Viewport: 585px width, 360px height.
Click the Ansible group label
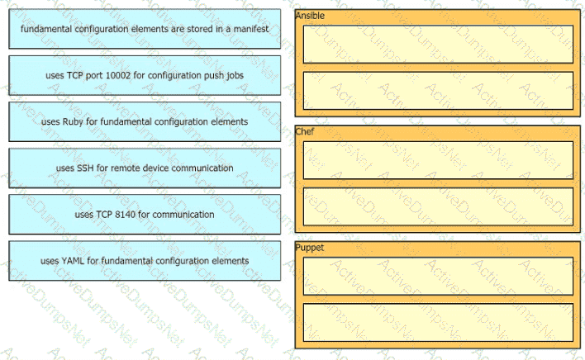[310, 16]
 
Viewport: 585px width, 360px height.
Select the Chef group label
[304, 131]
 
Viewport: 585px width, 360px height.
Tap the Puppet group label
[309, 248]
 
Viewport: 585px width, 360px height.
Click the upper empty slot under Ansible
[438, 45]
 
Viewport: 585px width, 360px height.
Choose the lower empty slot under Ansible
[438, 91]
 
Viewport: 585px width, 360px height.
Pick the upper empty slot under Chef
[438, 160]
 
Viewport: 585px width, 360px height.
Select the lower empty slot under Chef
[438, 206]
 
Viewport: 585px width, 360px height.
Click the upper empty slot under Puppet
[438, 276]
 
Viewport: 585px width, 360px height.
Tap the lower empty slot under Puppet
[438, 322]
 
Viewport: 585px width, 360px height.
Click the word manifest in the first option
[251, 29]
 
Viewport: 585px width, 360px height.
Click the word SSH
[85, 168]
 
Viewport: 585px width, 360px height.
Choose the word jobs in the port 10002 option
[235, 76]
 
